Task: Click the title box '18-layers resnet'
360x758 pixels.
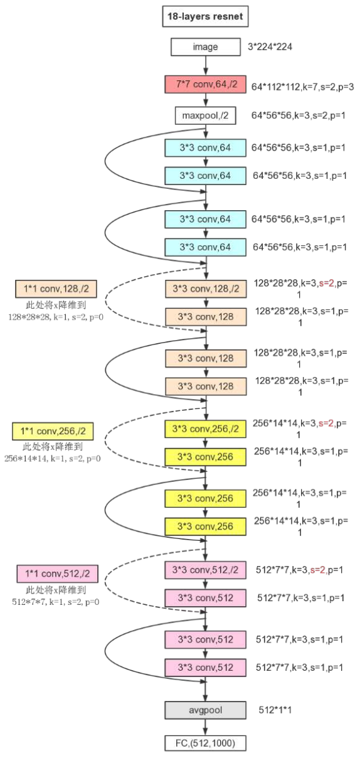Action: tap(204, 17)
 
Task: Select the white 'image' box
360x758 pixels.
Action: tap(206, 46)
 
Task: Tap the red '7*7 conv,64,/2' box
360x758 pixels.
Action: tap(206, 85)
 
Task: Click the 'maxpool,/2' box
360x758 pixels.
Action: tap(206, 115)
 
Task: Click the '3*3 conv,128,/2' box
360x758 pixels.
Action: tap(206, 289)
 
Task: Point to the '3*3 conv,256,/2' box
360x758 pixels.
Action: tap(206, 429)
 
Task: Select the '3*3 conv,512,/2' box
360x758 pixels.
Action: tap(206, 570)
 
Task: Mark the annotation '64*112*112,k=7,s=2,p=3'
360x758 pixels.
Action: tap(303, 87)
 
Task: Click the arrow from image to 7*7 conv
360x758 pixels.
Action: tap(206, 65)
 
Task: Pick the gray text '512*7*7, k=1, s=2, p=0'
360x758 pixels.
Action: tap(56, 602)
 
